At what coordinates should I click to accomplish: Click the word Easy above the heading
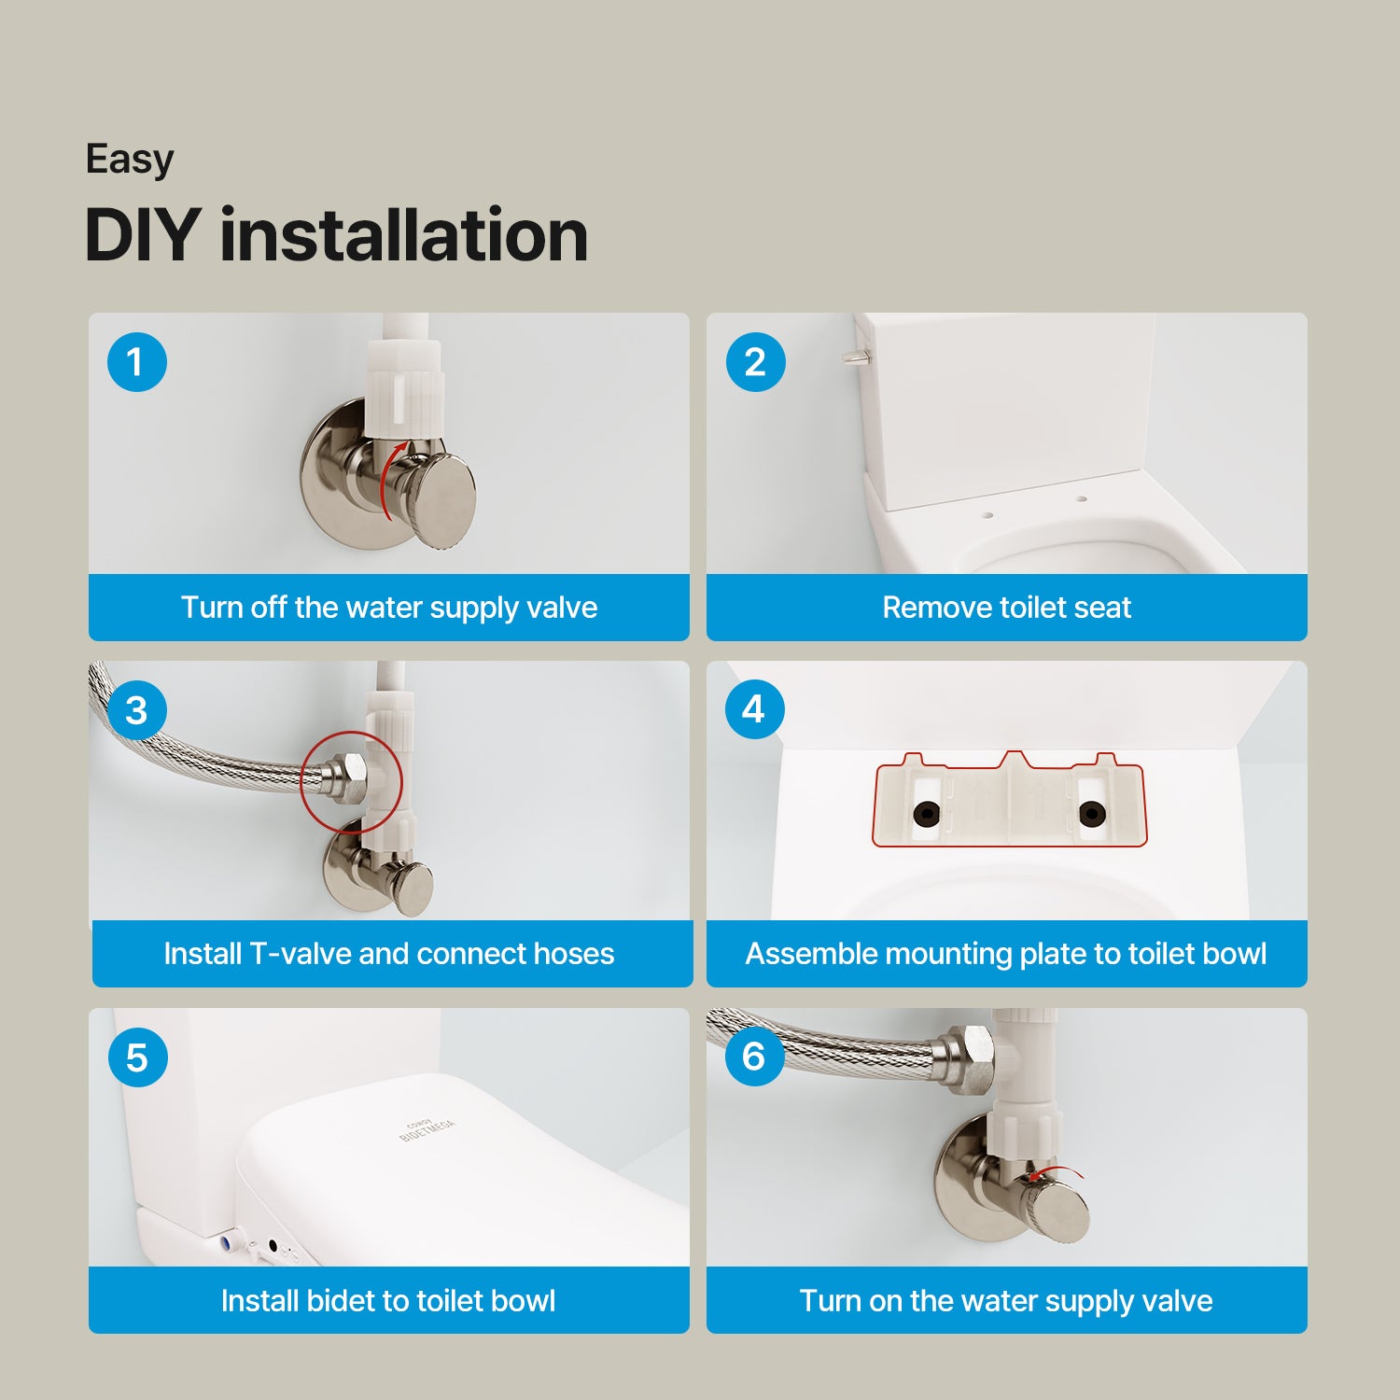click(130, 160)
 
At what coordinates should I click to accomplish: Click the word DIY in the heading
click(142, 234)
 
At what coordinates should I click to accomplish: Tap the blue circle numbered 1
click(137, 362)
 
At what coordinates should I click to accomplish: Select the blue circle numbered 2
click(755, 362)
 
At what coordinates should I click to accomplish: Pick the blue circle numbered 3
click(137, 710)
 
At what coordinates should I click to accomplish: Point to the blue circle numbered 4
click(754, 709)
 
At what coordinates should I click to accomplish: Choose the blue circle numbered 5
click(137, 1057)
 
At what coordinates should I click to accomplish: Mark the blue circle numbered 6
click(754, 1057)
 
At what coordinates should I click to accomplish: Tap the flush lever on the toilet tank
click(854, 357)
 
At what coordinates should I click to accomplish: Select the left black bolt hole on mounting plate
click(926, 814)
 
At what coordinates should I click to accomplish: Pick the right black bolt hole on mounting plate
click(1091, 814)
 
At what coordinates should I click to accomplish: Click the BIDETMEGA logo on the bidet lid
click(427, 1129)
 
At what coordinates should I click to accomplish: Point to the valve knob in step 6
click(1057, 1210)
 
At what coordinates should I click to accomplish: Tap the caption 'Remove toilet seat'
click(1007, 608)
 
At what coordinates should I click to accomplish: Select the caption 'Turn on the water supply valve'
click(1006, 1301)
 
